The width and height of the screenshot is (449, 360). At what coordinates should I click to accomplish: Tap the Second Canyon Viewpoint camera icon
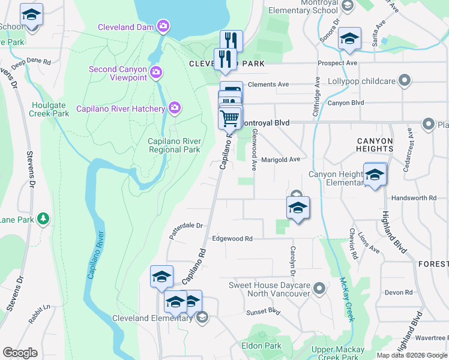click(156, 73)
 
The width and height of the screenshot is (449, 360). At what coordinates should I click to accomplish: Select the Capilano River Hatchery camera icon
click(175, 109)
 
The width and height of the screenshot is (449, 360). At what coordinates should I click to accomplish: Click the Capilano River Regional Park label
click(174, 145)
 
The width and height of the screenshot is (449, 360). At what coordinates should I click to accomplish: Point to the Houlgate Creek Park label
click(50, 109)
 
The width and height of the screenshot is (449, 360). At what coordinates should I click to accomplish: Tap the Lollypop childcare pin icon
click(405, 80)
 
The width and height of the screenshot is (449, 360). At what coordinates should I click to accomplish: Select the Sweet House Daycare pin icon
click(319, 289)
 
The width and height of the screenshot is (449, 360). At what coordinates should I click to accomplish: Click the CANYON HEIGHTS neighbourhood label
click(375, 145)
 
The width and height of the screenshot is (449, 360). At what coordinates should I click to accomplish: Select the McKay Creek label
click(346, 298)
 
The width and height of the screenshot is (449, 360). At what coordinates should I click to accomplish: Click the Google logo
click(20, 353)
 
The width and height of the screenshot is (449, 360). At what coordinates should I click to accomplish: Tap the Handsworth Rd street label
click(414, 198)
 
